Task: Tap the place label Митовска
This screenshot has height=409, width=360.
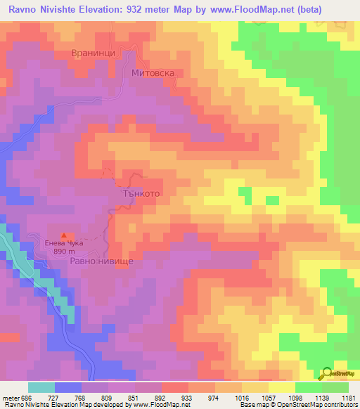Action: (x=153, y=72)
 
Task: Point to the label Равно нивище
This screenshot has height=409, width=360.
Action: (x=101, y=260)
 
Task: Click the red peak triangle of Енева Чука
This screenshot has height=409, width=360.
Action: (x=65, y=235)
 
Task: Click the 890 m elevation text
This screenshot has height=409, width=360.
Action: (x=64, y=252)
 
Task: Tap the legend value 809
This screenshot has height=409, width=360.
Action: (x=122, y=397)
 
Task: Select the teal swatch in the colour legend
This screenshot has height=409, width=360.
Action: (x=41, y=387)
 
